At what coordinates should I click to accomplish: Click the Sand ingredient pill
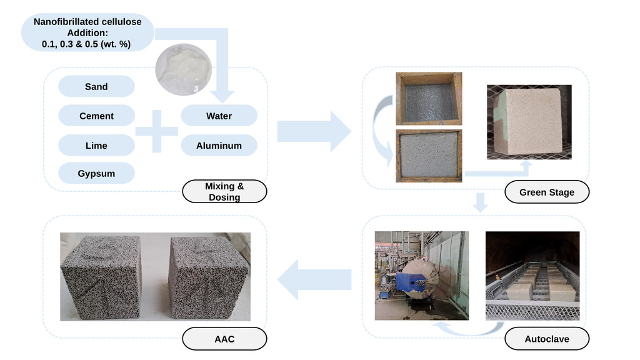pyautogui.click(x=96, y=87)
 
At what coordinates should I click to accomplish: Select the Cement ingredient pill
pyautogui.click(x=96, y=116)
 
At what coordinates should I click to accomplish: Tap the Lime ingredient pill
pyautogui.click(x=96, y=146)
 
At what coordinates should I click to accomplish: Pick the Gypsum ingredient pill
pyautogui.click(x=96, y=174)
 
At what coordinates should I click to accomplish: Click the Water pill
pyautogui.click(x=219, y=116)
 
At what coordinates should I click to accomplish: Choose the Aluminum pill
pyautogui.click(x=219, y=146)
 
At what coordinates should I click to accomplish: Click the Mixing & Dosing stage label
pyautogui.click(x=224, y=192)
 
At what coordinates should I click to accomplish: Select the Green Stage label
pyautogui.click(x=546, y=192)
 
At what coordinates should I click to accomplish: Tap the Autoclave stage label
pyautogui.click(x=546, y=339)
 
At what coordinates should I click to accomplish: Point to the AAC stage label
pyautogui.click(x=224, y=339)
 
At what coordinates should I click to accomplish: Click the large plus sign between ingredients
pyautogui.click(x=157, y=131)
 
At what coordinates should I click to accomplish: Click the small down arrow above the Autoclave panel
pyautogui.click(x=480, y=202)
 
